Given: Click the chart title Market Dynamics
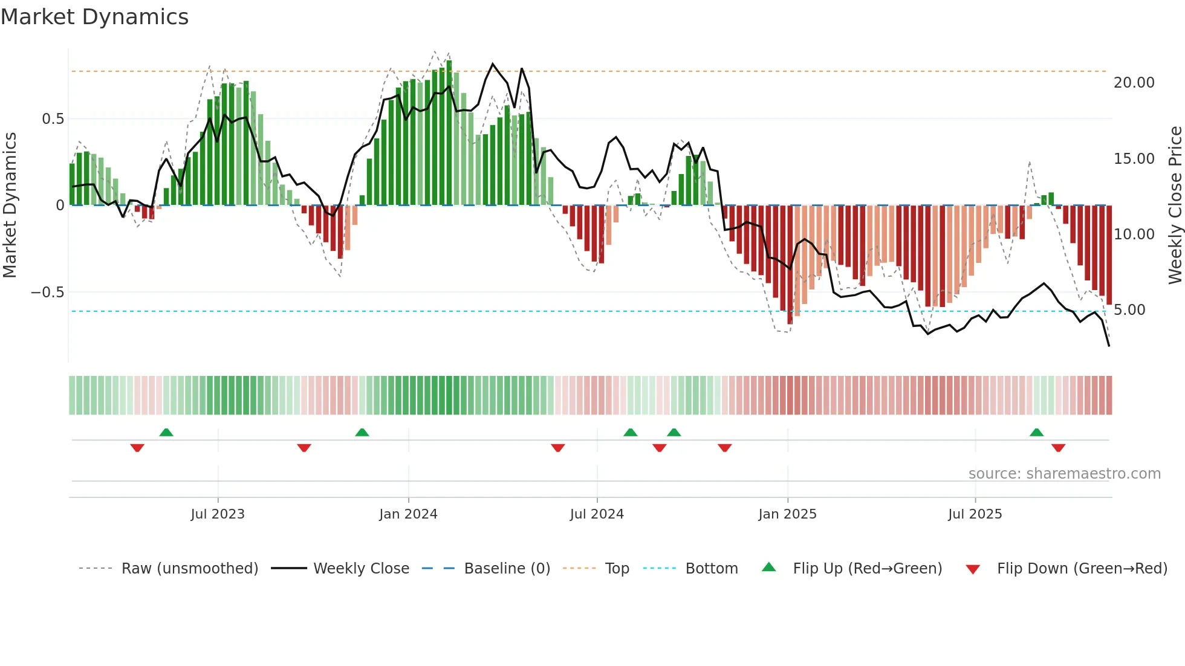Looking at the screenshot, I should [x=94, y=17].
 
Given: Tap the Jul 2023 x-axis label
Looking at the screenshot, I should [x=218, y=514].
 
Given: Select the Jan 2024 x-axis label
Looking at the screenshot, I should [x=408, y=514].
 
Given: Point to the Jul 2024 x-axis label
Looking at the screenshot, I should [x=597, y=514].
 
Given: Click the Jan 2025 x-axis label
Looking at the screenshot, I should [x=787, y=514].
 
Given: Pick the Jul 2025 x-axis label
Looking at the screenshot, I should [x=975, y=514].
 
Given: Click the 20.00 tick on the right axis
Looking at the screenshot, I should [x=1134, y=83].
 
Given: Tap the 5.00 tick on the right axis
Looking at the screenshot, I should [x=1129, y=310].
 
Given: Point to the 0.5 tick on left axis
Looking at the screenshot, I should [x=53, y=119].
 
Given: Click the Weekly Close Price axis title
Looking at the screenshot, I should [x=1175, y=205].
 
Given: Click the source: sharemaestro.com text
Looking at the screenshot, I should [x=1064, y=474].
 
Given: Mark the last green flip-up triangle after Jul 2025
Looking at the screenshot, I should [x=1036, y=433].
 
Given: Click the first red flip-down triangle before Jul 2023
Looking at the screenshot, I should [x=137, y=448].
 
